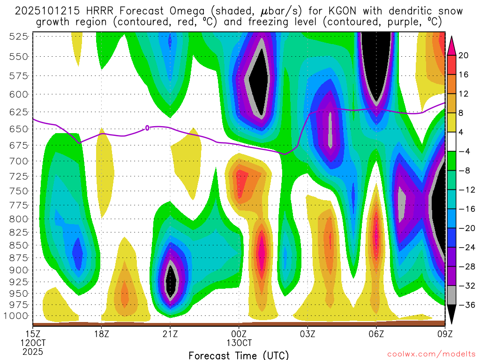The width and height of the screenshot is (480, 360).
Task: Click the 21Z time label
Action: pos(170,334)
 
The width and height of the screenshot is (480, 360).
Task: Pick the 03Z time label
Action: pos(307,334)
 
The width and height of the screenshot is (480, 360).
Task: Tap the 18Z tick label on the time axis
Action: pos(102,334)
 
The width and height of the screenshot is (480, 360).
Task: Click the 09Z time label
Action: pos(444,334)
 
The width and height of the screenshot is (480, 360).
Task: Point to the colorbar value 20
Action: pos(464,55)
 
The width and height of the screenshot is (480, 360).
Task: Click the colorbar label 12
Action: pos(464,94)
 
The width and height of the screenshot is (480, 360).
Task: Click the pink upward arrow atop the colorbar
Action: pos(452,45)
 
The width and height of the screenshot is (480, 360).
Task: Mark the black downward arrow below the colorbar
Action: pos(452,315)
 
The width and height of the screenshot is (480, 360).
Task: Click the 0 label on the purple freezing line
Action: pos(147,127)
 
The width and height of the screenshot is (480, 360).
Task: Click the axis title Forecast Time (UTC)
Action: pos(239,355)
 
